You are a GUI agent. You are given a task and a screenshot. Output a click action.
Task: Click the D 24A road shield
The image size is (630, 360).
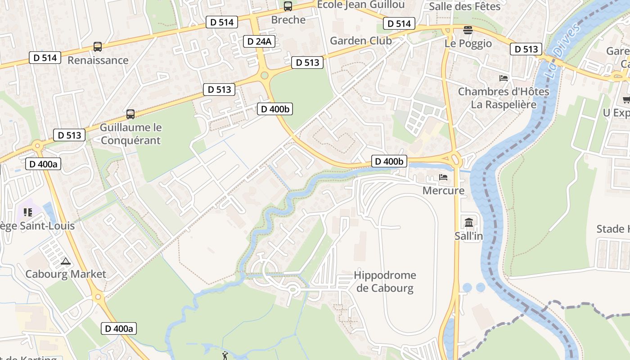(259, 41)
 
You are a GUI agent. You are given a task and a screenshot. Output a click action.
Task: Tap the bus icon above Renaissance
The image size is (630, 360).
(98, 46)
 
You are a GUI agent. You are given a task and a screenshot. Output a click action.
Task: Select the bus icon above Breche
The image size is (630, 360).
(288, 6)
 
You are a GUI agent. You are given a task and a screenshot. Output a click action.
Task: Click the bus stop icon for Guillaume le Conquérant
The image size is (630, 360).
(130, 114)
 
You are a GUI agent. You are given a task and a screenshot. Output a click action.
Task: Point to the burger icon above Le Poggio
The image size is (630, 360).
(468, 31)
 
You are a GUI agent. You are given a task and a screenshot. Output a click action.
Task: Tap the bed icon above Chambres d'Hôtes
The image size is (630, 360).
(504, 78)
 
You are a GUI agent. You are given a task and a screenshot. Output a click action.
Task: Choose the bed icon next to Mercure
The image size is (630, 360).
(443, 177)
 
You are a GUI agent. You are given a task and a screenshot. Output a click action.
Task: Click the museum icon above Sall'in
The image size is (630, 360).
(469, 222)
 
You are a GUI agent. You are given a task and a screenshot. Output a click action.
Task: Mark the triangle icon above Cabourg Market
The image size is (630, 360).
(66, 261)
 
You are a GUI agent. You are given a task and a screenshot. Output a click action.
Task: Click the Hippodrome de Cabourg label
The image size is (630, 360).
(385, 281)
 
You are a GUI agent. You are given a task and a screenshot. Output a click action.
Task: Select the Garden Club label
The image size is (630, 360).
(361, 40)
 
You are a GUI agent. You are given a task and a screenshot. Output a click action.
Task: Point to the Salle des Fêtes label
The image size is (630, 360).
(465, 6)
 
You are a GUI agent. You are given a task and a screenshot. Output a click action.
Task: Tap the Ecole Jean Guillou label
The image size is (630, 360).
(361, 4)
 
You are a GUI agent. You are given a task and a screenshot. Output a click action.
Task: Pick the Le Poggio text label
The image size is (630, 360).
(468, 44)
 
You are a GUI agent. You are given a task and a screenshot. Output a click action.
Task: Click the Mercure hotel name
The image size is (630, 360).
(443, 190)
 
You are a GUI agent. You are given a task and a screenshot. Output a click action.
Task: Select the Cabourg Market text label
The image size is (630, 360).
(66, 274)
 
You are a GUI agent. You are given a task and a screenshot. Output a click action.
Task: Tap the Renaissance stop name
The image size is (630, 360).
(98, 60)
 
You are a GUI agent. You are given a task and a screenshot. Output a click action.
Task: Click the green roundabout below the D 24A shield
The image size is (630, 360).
(265, 75)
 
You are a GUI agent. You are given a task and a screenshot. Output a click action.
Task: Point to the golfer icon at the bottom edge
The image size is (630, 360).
(225, 356)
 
